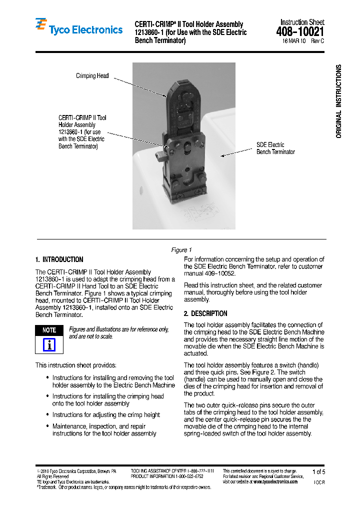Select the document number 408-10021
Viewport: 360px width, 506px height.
(x=300, y=32)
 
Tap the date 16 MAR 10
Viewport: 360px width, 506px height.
(x=294, y=41)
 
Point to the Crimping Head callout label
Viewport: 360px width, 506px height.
(x=92, y=76)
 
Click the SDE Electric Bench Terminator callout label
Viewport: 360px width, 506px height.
(x=275, y=148)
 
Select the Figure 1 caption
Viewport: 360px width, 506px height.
(x=181, y=250)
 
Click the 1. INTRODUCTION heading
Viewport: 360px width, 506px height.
(x=59, y=259)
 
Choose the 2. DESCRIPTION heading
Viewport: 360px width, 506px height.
(x=205, y=313)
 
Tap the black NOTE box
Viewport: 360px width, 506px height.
(x=49, y=330)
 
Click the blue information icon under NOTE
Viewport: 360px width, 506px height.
(x=49, y=344)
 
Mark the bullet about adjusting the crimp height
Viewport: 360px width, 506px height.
(x=106, y=414)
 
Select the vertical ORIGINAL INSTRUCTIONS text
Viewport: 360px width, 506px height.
(x=338, y=101)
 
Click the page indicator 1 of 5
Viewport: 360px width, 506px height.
(x=318, y=471)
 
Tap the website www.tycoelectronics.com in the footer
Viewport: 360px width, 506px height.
(x=275, y=482)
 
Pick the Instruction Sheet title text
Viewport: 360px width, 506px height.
(x=302, y=22)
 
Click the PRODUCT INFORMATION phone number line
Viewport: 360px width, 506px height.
(x=167, y=476)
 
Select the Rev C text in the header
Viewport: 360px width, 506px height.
(x=317, y=41)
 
